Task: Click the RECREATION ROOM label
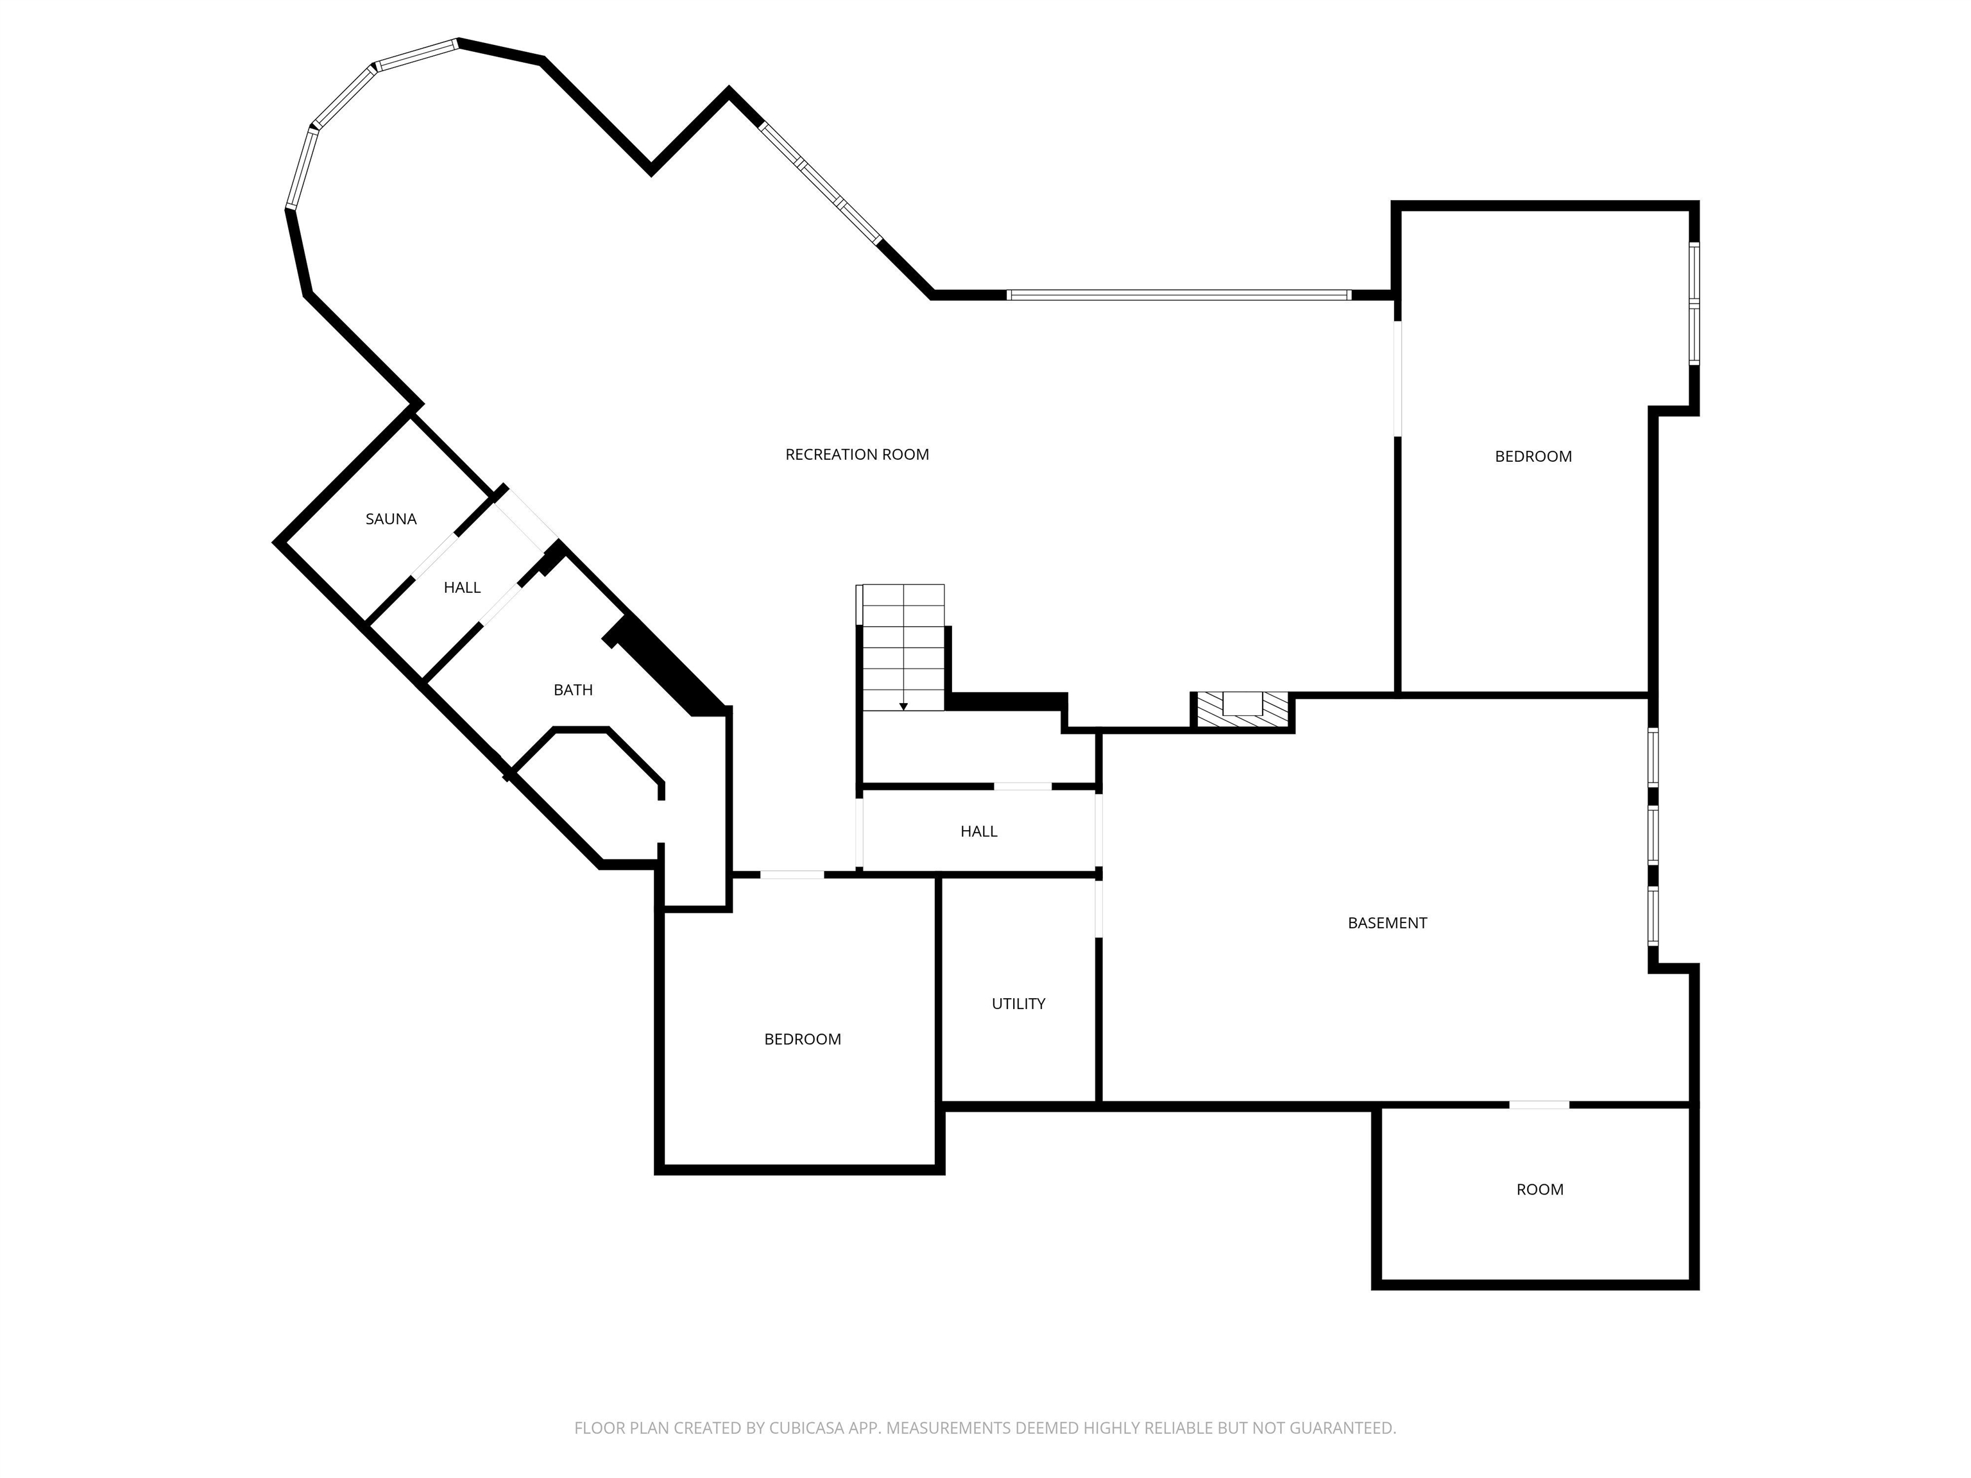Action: (857, 454)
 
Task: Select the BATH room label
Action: (573, 690)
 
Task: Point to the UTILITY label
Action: (1018, 1003)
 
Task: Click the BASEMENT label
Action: (1387, 923)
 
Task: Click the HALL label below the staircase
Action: (978, 831)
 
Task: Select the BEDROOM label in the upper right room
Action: (1533, 456)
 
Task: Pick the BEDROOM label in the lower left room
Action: (802, 1039)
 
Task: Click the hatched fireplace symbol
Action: (1242, 710)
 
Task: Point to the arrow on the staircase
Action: (903, 706)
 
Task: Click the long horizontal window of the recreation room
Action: (1178, 295)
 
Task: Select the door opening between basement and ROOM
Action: (1539, 1105)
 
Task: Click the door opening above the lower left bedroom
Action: (791, 875)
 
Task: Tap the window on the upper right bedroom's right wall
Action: (1694, 303)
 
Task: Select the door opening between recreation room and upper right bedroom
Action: (1397, 378)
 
